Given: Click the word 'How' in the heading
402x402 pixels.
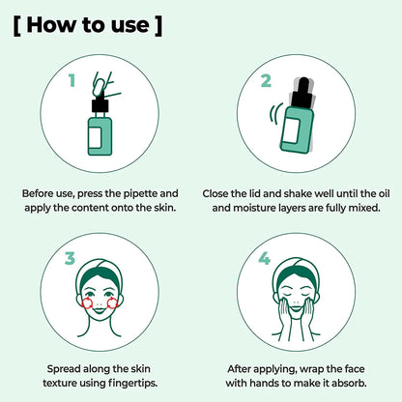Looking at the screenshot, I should pos(56,25).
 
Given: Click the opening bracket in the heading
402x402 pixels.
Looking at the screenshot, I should pos(18,25).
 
